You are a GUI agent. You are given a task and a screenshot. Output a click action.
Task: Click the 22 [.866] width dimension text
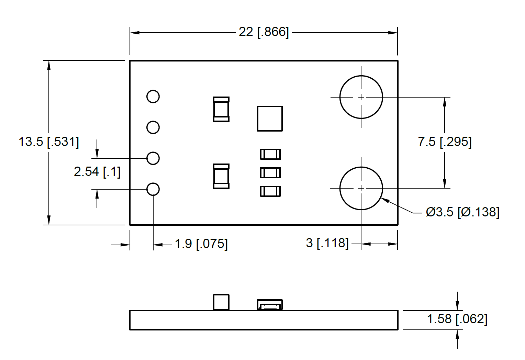coord(264,32)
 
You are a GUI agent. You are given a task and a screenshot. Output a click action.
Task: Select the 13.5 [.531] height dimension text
coord(48,142)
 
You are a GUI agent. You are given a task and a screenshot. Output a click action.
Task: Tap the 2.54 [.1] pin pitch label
coord(97,171)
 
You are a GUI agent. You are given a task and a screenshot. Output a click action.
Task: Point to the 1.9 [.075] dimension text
coord(201,244)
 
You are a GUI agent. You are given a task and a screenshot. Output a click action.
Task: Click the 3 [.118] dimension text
coord(327,243)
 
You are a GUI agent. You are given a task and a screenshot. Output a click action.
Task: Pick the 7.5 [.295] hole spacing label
coord(445,142)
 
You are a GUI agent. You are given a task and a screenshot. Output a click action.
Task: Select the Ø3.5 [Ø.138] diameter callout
coord(462,212)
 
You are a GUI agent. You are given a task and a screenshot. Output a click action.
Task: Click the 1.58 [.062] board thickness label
coord(457,319)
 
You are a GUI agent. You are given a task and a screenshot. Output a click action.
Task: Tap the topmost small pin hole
coord(153,97)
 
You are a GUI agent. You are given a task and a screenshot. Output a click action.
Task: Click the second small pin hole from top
coord(153,127)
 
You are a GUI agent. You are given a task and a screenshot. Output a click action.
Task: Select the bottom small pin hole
coord(153,189)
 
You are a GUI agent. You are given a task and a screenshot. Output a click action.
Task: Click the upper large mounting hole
coord(361,97)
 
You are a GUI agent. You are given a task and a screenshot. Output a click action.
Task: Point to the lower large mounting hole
coord(361,188)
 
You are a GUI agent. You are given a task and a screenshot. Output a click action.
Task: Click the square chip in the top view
coord(270,119)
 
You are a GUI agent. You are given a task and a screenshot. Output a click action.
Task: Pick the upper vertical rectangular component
coord(221,109)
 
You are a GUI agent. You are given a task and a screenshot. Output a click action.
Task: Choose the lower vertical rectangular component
coord(221,176)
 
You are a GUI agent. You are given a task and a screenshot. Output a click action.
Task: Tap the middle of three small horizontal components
coord(270,172)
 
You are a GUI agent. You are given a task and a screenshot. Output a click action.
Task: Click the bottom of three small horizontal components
coord(270,191)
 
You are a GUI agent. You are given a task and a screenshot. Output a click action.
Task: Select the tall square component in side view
coord(221,302)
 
